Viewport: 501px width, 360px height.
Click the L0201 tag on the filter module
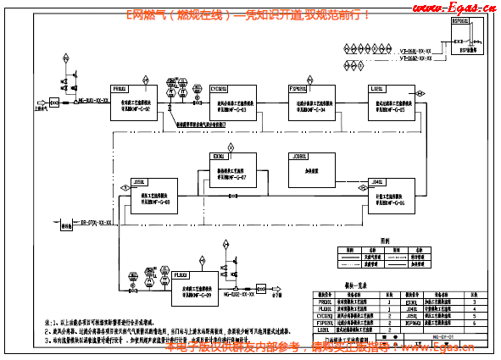pyautogui.click(x=377, y=87)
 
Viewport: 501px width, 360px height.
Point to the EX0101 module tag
pyautogui.click(x=219, y=157)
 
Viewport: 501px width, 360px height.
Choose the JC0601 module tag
pyautogui.click(x=299, y=157)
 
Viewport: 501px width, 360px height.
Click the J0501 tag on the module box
pyautogui.click(x=139, y=180)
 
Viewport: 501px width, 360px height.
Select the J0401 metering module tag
pyautogui.click(x=379, y=180)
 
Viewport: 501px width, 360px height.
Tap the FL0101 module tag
pyautogui.click(x=181, y=274)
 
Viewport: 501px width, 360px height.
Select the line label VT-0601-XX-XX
pyautogui.click(x=415, y=52)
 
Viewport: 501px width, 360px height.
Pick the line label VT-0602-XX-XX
pyautogui.click(x=415, y=61)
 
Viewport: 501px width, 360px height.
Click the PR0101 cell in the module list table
pyautogui.click(x=323, y=301)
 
